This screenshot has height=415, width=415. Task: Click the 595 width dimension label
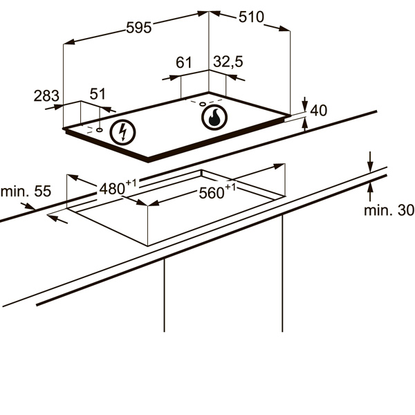click(x=139, y=28)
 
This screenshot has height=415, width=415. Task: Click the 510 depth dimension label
click(x=251, y=17)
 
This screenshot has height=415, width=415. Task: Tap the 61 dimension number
click(x=184, y=62)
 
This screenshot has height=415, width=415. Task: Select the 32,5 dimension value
click(x=228, y=62)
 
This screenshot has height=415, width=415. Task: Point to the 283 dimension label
click(x=46, y=96)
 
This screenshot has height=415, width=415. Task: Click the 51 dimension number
click(x=98, y=93)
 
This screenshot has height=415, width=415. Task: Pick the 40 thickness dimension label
click(x=318, y=111)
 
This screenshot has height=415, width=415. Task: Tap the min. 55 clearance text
click(x=26, y=192)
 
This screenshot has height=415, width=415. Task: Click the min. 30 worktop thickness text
click(x=389, y=210)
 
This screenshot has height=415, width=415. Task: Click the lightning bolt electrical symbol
click(x=123, y=133)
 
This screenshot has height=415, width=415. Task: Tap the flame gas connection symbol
click(x=214, y=118)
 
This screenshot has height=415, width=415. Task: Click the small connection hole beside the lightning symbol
click(x=100, y=130)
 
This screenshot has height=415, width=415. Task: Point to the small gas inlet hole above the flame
click(x=203, y=104)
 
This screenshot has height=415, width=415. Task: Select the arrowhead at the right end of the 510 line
click(x=285, y=28)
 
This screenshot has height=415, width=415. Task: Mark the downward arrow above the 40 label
click(x=305, y=104)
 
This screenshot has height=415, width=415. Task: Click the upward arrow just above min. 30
click(x=370, y=191)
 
